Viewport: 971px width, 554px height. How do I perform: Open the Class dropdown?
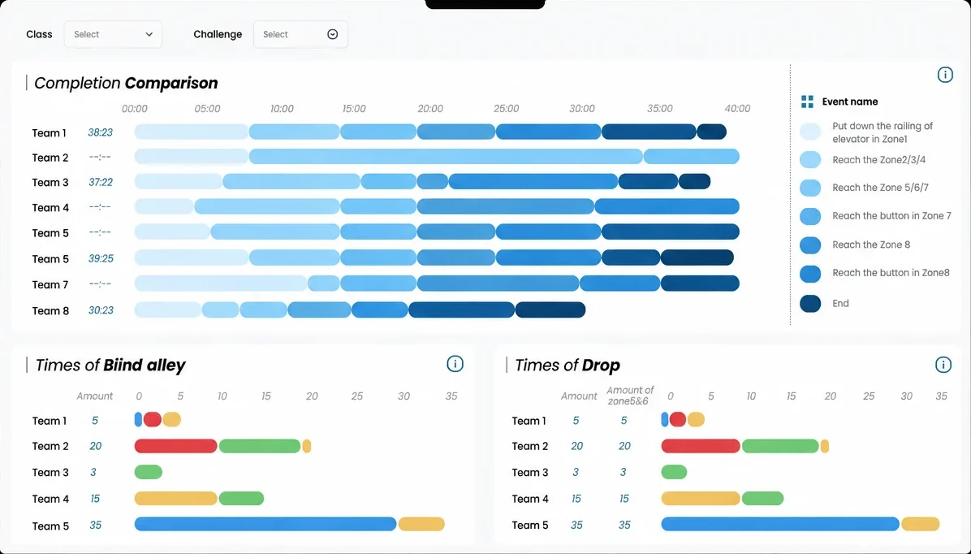[113, 35]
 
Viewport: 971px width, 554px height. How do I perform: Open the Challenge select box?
[300, 35]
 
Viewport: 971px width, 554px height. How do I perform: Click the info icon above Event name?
[945, 75]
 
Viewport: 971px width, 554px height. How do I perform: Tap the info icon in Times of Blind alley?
[455, 365]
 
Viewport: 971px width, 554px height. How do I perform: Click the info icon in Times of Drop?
[943, 365]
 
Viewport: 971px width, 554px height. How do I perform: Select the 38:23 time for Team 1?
[101, 132]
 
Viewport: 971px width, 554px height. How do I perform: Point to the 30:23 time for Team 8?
[101, 310]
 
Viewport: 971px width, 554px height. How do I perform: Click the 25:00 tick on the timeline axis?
[506, 109]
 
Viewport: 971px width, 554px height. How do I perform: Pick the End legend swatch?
[810, 304]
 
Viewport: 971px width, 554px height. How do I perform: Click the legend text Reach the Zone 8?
[871, 245]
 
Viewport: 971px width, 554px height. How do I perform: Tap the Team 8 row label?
[51, 311]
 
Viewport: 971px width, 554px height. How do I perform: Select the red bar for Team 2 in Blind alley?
[176, 446]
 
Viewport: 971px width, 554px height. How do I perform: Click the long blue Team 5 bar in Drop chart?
[780, 524]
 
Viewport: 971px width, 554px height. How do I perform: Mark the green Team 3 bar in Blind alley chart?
[149, 472]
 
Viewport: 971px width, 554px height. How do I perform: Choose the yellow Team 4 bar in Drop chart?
[701, 498]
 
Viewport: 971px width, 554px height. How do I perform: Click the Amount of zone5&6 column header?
[630, 396]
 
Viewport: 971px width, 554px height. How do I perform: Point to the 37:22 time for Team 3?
[101, 182]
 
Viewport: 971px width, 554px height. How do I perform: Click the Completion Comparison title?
[126, 83]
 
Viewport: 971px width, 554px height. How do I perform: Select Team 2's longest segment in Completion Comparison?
[446, 157]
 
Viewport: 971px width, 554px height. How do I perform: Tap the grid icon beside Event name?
[808, 102]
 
